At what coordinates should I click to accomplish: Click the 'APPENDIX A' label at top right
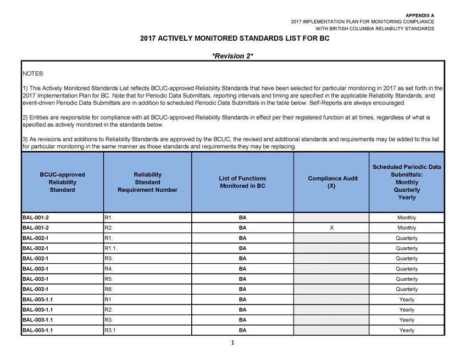420,15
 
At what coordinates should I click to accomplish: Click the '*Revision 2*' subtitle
232,56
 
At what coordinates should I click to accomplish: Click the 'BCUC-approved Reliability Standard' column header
63,182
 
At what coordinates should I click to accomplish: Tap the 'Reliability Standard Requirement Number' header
147,182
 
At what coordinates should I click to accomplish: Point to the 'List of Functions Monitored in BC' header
242,182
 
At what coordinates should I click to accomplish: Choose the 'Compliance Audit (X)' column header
332,182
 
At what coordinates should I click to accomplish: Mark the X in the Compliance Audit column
332,228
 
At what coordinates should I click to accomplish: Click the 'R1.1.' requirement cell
112,248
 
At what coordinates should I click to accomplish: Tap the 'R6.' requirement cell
109,289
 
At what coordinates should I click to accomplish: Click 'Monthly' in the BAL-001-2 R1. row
407,218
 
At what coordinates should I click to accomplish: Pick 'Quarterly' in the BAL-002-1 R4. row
407,269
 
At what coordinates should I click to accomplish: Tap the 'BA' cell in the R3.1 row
242,330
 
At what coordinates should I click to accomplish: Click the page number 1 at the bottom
233,344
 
